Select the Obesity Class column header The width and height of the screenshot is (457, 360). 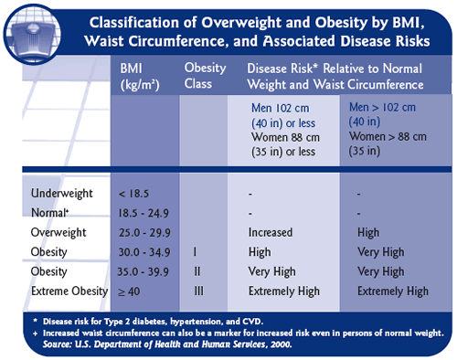tap(206, 77)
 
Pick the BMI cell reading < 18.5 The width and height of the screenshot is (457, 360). tap(135, 194)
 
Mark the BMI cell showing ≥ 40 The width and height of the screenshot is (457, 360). tap(132, 291)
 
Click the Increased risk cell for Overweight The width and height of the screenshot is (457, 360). tap(271, 232)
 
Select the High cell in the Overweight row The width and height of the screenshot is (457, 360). tap(370, 232)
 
